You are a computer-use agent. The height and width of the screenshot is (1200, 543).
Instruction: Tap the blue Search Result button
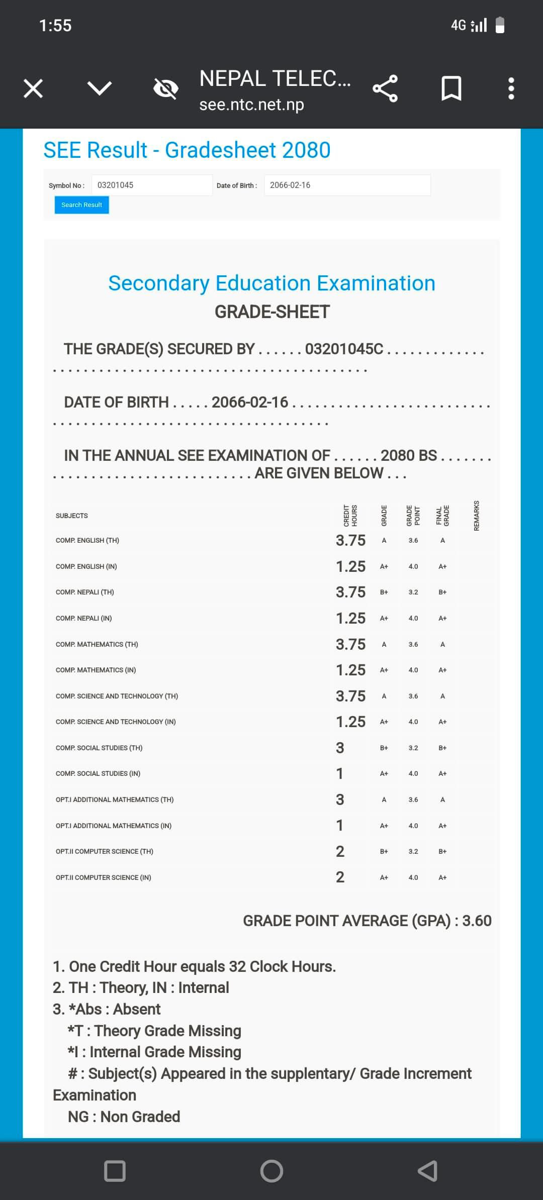81,205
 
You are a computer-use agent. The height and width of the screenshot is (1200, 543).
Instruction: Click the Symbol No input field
152,185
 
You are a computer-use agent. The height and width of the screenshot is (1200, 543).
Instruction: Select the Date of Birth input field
347,185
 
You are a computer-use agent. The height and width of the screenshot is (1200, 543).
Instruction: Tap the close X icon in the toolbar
33,89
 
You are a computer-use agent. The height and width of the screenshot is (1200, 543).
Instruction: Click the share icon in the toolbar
385,88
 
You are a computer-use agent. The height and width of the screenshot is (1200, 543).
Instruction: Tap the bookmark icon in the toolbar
451,88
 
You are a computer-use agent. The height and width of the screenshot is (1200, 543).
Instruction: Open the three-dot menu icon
511,88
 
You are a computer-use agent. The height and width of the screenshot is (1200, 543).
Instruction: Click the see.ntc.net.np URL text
251,105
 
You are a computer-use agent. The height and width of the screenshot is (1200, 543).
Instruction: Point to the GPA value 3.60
477,921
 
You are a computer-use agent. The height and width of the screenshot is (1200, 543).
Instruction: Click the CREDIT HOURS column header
350,516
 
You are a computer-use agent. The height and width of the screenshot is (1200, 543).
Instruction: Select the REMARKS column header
477,516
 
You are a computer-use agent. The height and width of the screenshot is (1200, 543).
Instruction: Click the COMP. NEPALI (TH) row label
85,592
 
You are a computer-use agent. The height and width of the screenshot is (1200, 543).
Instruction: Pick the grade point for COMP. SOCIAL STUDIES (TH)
413,748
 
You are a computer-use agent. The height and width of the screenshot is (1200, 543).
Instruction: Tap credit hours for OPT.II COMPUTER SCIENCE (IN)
340,877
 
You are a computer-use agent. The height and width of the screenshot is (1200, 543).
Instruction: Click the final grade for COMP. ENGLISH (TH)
442,540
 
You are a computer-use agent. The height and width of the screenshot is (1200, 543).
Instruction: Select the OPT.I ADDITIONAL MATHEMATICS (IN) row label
114,826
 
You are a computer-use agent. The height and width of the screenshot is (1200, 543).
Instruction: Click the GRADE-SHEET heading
272,312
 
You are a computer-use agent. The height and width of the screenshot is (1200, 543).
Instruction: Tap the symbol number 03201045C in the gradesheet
344,349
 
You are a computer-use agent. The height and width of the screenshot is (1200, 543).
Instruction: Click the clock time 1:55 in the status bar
55,25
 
